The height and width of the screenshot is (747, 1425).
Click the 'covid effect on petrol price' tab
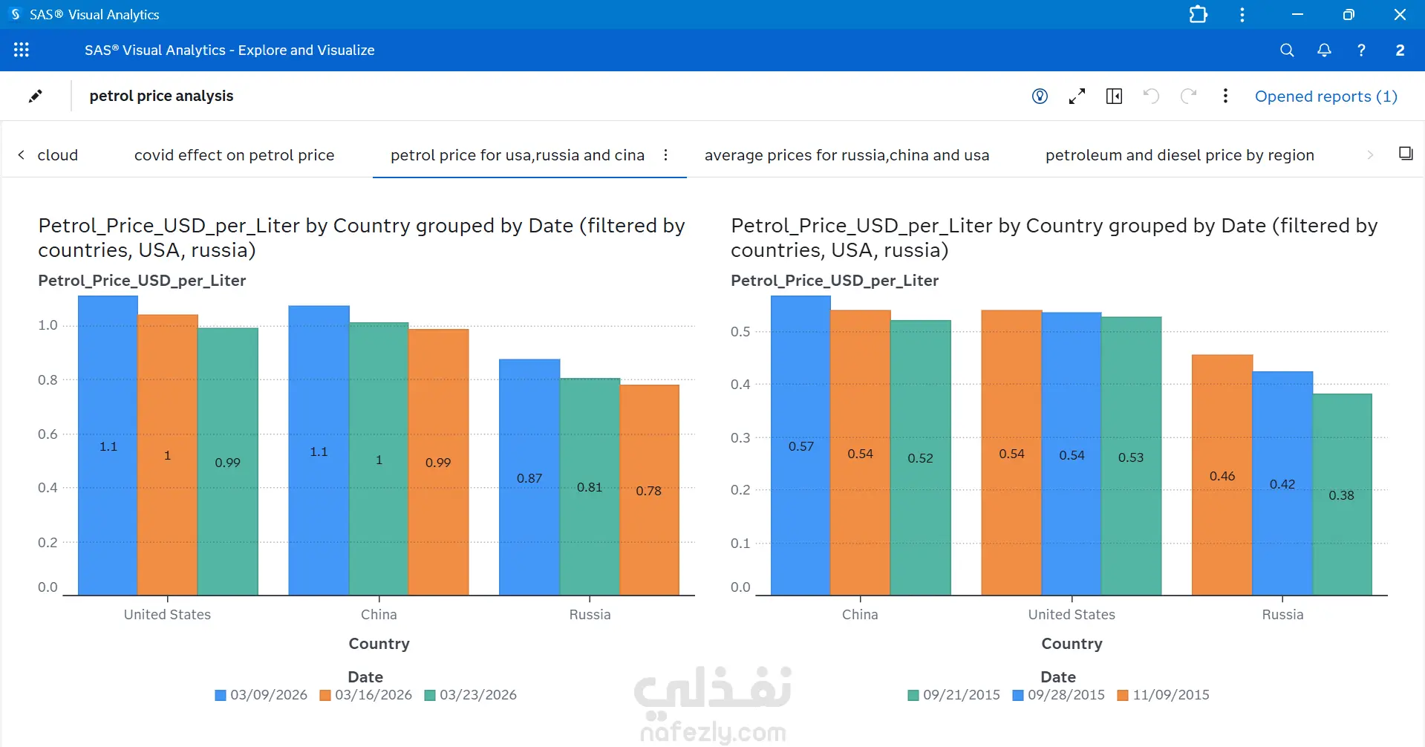pos(234,155)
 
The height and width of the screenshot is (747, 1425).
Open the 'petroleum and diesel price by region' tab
pos(1179,155)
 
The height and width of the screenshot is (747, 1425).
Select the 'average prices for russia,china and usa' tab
pos(847,155)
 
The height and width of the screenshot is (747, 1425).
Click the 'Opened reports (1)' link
pos(1325,97)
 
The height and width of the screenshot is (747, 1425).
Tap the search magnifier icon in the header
pos(1287,50)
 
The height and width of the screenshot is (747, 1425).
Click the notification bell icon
pos(1324,50)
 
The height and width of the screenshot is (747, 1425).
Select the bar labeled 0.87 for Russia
pos(529,477)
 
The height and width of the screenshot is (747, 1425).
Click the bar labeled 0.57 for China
pos(800,446)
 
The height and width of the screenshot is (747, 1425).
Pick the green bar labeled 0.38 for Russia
pos(1342,495)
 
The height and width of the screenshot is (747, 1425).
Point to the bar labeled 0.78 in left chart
pos(649,490)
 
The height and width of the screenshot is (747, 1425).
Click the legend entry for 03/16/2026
pos(365,695)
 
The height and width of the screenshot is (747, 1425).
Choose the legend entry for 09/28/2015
pos(1058,695)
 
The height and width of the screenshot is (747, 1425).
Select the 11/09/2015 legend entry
pos(1163,695)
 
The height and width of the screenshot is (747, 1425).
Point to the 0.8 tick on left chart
pos(48,380)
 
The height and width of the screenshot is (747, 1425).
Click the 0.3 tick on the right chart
pos(740,437)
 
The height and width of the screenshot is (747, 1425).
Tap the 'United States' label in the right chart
pos(1072,615)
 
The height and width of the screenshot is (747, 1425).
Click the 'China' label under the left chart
pos(379,615)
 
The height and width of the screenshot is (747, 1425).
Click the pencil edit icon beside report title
pos(35,96)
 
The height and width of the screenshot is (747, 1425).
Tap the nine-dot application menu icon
pos(22,50)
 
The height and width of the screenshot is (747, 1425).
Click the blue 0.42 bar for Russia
pos(1282,483)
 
